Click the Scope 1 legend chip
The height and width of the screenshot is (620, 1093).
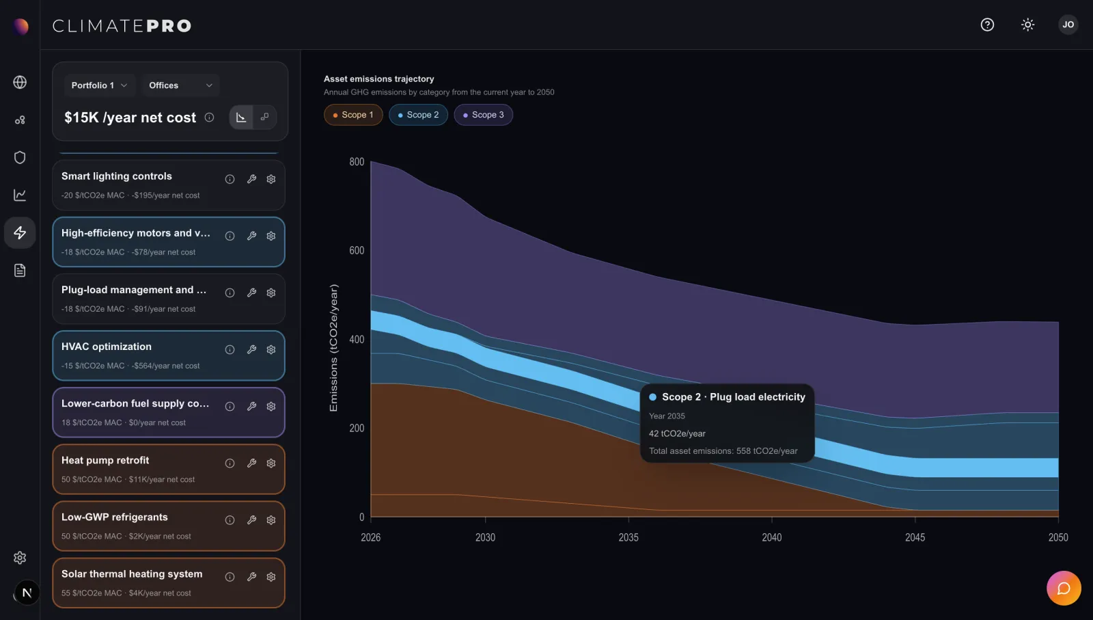click(x=353, y=115)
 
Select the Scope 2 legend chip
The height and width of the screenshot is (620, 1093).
click(x=418, y=115)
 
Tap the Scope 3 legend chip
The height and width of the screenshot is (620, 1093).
click(x=483, y=115)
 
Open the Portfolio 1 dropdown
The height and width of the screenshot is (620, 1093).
click(x=100, y=85)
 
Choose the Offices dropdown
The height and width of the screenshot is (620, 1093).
click(x=180, y=85)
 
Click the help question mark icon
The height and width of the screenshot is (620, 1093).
click(x=987, y=25)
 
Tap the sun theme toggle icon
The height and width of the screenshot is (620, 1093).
click(x=1027, y=25)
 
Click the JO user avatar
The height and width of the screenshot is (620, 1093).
click(x=1068, y=25)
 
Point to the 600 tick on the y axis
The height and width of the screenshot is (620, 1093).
click(x=357, y=250)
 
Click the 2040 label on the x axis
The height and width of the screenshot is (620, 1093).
click(x=771, y=537)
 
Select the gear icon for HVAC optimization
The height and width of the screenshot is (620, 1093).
click(x=271, y=349)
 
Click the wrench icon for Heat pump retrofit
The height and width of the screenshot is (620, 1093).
click(x=251, y=463)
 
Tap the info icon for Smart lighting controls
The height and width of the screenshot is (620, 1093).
click(x=230, y=179)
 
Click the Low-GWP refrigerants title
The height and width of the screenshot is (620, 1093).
click(x=115, y=517)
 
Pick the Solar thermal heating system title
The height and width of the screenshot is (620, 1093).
click(x=132, y=574)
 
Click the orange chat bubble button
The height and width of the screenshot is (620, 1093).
click(x=1064, y=589)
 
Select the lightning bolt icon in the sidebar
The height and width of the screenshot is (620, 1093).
click(x=20, y=233)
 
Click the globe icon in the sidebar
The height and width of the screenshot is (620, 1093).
click(x=20, y=82)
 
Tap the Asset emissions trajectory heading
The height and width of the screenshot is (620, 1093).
click(x=378, y=79)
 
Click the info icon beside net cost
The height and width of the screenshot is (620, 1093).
click(x=209, y=117)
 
